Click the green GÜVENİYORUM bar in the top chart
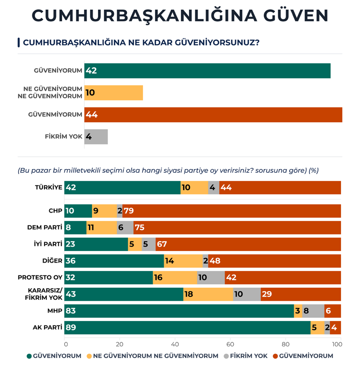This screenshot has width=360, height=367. click(x=207, y=71)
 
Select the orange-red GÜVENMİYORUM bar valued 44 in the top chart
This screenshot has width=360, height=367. click(x=213, y=115)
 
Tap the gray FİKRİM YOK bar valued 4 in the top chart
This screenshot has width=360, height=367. click(x=96, y=137)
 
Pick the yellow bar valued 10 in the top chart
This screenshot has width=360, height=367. click(x=113, y=93)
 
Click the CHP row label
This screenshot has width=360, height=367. click(x=55, y=211)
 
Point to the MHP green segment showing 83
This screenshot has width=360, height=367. click(x=179, y=311)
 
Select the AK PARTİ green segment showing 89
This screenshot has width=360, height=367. click(x=187, y=328)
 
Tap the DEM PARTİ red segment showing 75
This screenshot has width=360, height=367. click(x=237, y=227)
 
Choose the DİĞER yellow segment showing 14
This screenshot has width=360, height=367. click(x=183, y=261)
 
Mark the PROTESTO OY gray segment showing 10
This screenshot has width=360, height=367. click(x=211, y=277)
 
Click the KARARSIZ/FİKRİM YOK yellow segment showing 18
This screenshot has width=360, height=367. click(x=208, y=294)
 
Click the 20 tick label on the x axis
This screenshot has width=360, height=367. click(x=120, y=344)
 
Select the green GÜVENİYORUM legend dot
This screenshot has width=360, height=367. click(x=29, y=356)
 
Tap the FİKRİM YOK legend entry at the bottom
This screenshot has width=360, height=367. click(x=246, y=356)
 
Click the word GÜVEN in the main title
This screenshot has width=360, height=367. click(x=294, y=16)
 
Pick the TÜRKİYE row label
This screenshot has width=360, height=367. click(x=48, y=187)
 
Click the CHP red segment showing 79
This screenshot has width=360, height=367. click(x=232, y=211)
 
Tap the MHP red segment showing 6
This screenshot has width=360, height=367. click(x=333, y=311)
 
